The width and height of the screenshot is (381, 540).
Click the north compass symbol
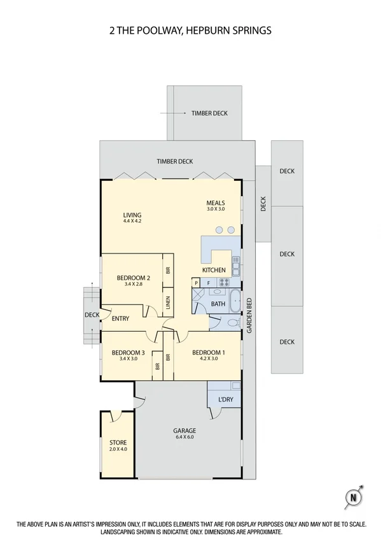(354, 497)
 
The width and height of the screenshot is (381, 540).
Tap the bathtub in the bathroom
(235, 301)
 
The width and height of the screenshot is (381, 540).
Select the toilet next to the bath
(234, 323)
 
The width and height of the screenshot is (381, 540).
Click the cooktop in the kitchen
(224, 283)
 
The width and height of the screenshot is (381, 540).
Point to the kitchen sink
(236, 266)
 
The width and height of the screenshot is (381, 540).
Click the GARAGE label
(184, 430)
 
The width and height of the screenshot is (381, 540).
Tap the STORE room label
(118, 443)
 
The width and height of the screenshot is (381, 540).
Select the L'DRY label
(226, 399)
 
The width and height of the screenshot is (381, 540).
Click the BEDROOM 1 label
(209, 352)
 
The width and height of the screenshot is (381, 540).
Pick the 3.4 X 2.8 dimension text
(134, 284)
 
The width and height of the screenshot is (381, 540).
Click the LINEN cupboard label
(168, 302)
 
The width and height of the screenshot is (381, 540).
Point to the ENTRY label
(120, 318)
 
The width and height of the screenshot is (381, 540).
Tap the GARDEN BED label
(249, 315)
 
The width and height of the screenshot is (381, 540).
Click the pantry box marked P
(196, 283)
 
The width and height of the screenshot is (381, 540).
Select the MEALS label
(216, 203)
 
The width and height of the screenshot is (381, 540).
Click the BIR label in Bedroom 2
(168, 271)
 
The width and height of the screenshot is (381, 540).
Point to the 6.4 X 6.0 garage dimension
(184, 437)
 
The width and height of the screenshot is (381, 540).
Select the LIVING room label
(132, 215)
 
